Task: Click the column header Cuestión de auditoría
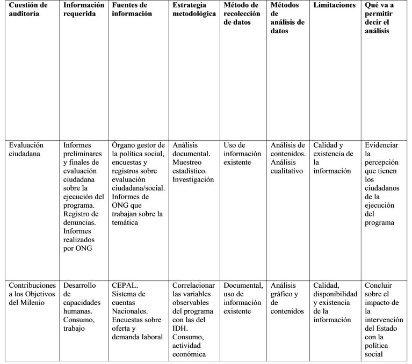pos(28,9)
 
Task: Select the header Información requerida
pos(83,9)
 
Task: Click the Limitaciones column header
pos(334,5)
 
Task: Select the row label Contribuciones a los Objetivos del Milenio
pos(32,294)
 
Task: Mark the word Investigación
pos(193,179)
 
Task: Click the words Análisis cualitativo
pos(287,166)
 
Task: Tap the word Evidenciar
pos(381,145)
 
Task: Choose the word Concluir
pos(379,285)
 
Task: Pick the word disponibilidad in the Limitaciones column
pos(335,294)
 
